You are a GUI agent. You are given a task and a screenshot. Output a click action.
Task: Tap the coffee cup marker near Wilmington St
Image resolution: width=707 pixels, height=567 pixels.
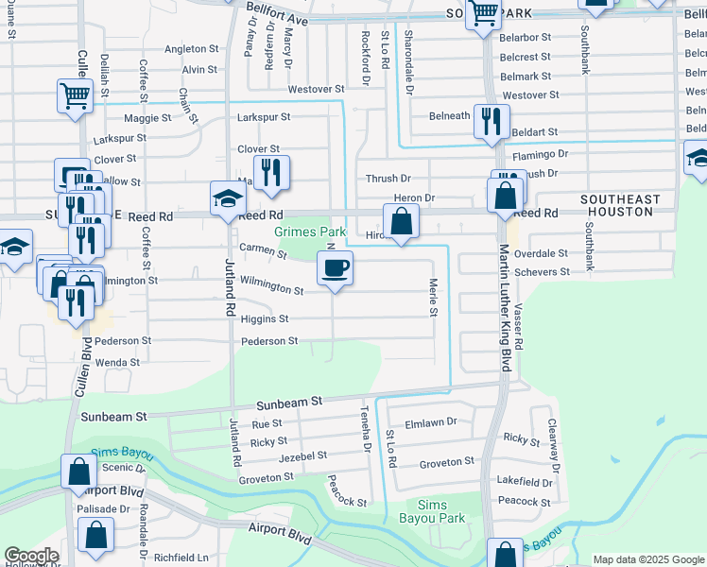click(334, 269)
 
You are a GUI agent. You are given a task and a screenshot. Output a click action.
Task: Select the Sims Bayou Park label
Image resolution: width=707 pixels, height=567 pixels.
click(441, 511)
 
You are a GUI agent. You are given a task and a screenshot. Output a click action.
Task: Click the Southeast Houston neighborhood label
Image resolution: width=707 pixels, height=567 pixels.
click(620, 205)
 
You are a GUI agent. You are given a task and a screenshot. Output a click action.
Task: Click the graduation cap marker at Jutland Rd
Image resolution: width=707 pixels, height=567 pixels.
click(228, 199)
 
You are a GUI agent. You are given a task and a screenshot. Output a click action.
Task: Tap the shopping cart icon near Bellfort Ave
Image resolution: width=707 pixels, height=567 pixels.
click(484, 14)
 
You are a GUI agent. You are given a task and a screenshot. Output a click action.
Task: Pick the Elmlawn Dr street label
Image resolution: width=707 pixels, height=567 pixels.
click(430, 422)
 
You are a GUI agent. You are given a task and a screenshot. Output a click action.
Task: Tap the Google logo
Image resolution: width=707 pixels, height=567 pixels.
click(31, 556)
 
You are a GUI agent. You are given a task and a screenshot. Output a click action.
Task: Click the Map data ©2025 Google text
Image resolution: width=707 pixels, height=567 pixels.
click(648, 559)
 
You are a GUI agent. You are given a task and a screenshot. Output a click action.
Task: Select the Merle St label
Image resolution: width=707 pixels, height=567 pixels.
click(434, 298)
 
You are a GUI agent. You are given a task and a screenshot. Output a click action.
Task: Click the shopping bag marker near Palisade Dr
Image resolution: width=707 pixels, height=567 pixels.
click(96, 535)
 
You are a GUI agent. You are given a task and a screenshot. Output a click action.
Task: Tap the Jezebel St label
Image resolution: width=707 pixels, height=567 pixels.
click(302, 455)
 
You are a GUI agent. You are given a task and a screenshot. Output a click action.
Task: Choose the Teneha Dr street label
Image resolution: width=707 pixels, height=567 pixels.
click(365, 426)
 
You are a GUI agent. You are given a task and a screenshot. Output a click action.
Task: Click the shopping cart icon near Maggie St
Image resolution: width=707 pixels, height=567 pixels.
click(74, 94)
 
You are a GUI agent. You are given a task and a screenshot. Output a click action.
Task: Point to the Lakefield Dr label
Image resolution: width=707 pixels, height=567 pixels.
click(524, 481)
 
